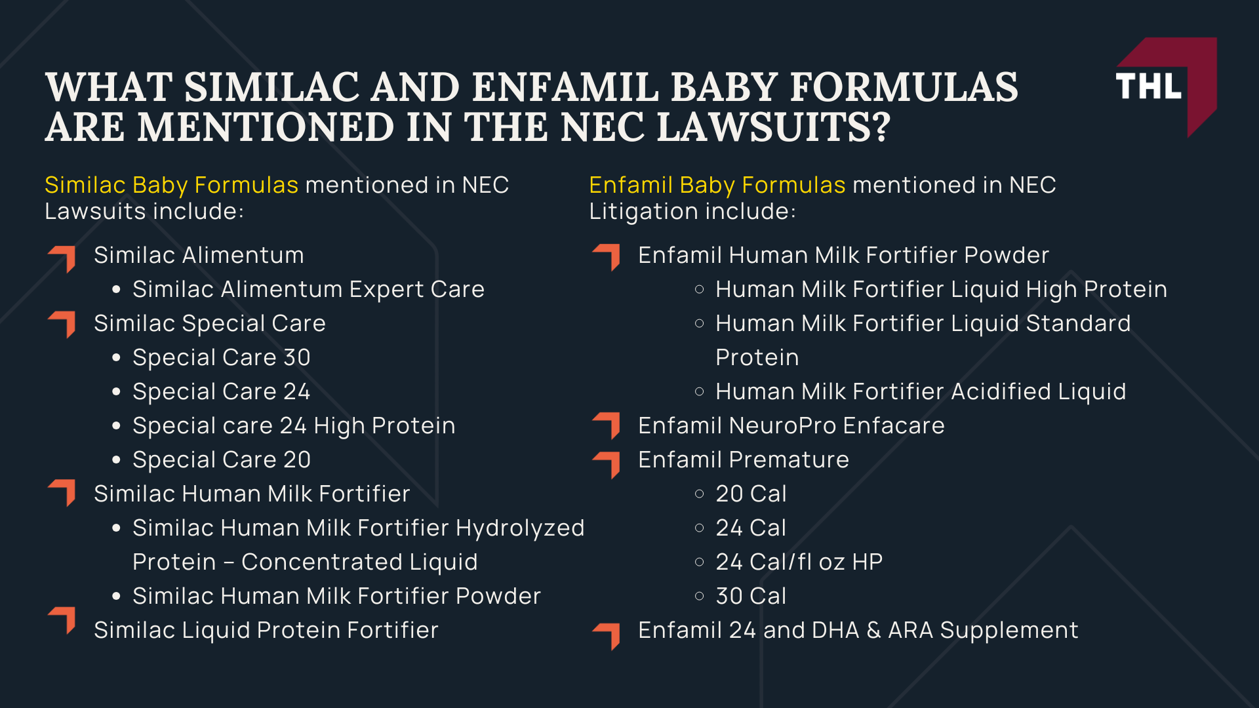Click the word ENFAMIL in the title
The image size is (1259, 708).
(565, 87)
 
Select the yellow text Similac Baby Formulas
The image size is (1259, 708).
(171, 186)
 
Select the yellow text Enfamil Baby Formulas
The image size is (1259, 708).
(717, 186)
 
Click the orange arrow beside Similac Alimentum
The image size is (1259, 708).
(63, 258)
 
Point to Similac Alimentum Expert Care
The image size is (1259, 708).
(308, 290)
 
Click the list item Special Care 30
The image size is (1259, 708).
(221, 358)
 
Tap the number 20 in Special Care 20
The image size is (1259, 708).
(297, 460)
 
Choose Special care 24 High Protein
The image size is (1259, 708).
(293, 426)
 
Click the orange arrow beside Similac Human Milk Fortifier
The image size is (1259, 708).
(63, 492)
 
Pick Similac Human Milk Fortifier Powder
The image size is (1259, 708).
(336, 597)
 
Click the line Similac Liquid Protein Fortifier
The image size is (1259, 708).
(266, 631)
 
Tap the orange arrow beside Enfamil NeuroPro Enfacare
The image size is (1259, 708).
(607, 425)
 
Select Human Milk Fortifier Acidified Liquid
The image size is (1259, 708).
(920, 392)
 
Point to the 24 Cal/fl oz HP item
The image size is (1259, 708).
(799, 562)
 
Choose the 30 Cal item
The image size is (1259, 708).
(750, 597)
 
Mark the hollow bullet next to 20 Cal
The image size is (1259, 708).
(699, 494)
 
